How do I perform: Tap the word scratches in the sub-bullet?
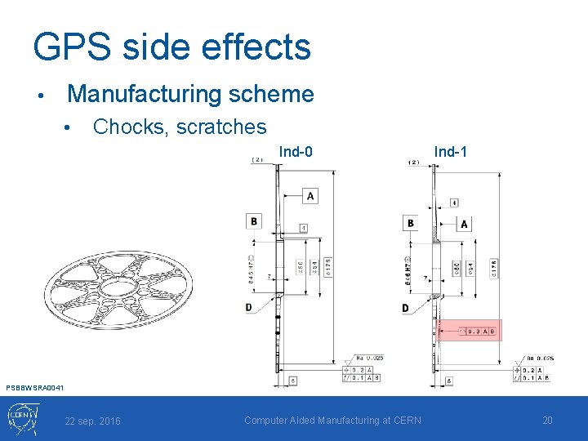tap(227, 127)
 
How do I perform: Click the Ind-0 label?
tap(296, 152)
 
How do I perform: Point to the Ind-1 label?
tap(451, 152)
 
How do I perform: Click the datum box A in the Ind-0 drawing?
tap(310, 195)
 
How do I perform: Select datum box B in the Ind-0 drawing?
tap(254, 220)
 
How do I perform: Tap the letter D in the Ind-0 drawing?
tap(249, 307)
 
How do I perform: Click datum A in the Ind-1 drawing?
tap(464, 224)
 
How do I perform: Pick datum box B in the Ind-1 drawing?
tap(410, 223)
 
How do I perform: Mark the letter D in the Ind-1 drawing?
tap(405, 308)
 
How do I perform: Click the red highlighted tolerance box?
tap(469, 331)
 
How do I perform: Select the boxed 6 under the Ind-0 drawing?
tap(292, 381)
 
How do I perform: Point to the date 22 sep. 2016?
tap(92, 421)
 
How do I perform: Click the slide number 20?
tap(547, 420)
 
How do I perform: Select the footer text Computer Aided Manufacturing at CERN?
tap(332, 420)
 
